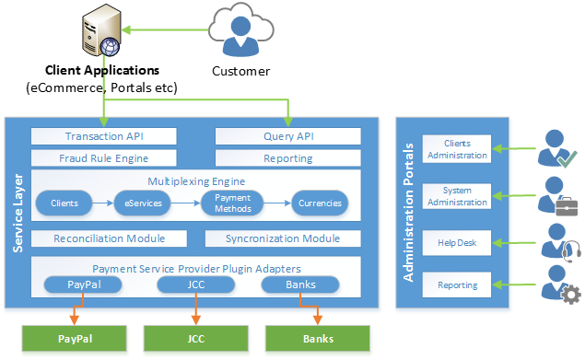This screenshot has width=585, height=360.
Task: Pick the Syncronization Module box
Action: (282, 238)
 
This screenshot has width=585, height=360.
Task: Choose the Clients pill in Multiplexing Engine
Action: (64, 203)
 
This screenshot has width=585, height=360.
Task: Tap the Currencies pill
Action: (320, 203)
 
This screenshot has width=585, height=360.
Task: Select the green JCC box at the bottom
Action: (196, 339)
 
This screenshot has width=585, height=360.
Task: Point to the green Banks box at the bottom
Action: (318, 339)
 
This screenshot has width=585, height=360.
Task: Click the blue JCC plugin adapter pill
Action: (195, 285)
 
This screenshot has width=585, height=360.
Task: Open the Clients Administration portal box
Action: (457, 149)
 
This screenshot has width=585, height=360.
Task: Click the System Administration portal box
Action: (457, 196)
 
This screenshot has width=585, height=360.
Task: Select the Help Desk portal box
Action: (457, 243)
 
